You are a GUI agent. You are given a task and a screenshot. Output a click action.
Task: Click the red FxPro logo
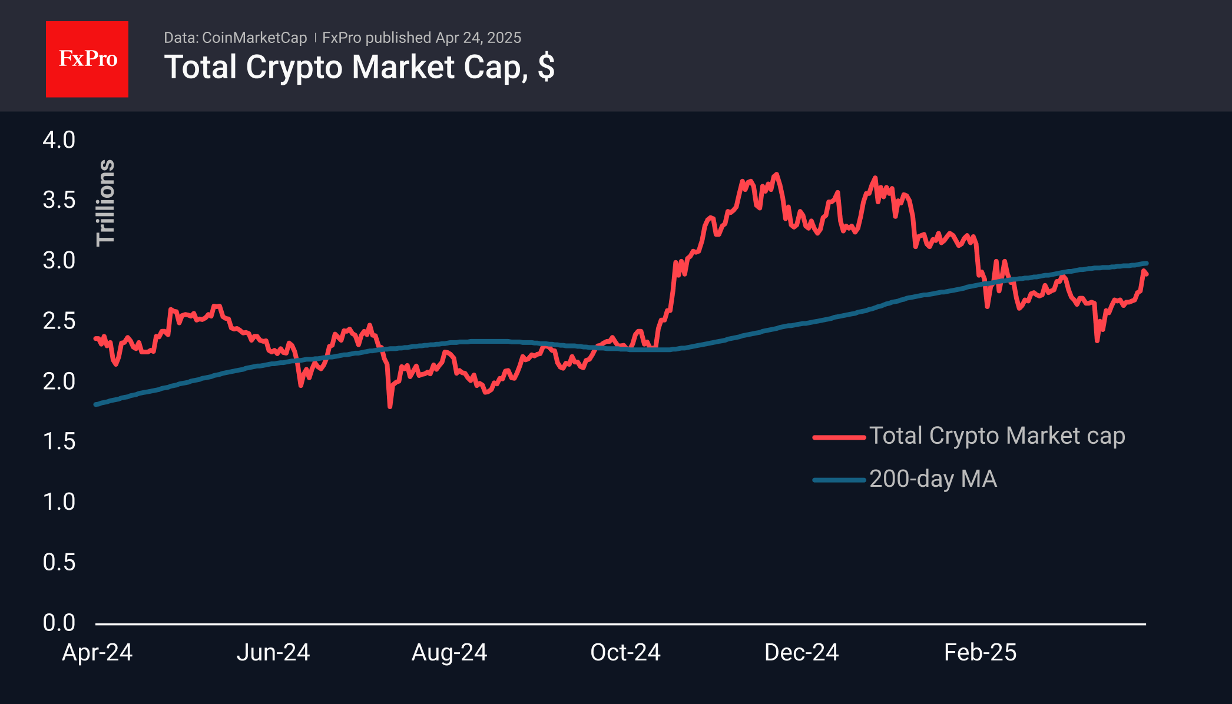point(87,59)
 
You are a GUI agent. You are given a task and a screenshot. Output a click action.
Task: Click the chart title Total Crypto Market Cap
point(359,67)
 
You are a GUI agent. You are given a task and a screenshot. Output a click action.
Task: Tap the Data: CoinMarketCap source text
point(235,38)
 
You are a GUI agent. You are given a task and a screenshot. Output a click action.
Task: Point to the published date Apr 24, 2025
point(478,38)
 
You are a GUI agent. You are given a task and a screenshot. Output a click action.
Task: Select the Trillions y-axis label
point(106,202)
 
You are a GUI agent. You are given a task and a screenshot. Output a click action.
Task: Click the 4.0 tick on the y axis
point(59,140)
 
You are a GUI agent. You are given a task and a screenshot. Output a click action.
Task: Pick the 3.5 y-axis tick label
point(59,200)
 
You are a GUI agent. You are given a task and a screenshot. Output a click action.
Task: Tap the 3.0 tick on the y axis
point(59,261)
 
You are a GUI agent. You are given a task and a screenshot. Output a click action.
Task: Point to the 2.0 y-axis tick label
point(59,381)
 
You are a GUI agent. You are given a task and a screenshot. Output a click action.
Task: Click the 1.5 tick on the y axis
point(59,441)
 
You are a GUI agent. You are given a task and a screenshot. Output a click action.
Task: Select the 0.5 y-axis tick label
point(59,562)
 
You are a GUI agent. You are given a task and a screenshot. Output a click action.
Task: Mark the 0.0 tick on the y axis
point(59,623)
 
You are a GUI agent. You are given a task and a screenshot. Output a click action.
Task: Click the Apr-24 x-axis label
point(97,653)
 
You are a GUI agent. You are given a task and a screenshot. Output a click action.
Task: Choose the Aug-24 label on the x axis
point(449,653)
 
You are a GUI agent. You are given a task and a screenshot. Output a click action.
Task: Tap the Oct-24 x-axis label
point(625,653)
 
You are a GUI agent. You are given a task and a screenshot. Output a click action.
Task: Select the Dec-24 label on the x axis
point(802,653)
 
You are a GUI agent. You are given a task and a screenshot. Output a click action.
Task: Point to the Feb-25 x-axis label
point(980,653)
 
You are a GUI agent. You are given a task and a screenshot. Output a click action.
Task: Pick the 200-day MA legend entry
point(933,479)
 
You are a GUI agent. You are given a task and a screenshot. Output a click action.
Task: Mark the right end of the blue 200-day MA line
point(1145,264)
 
